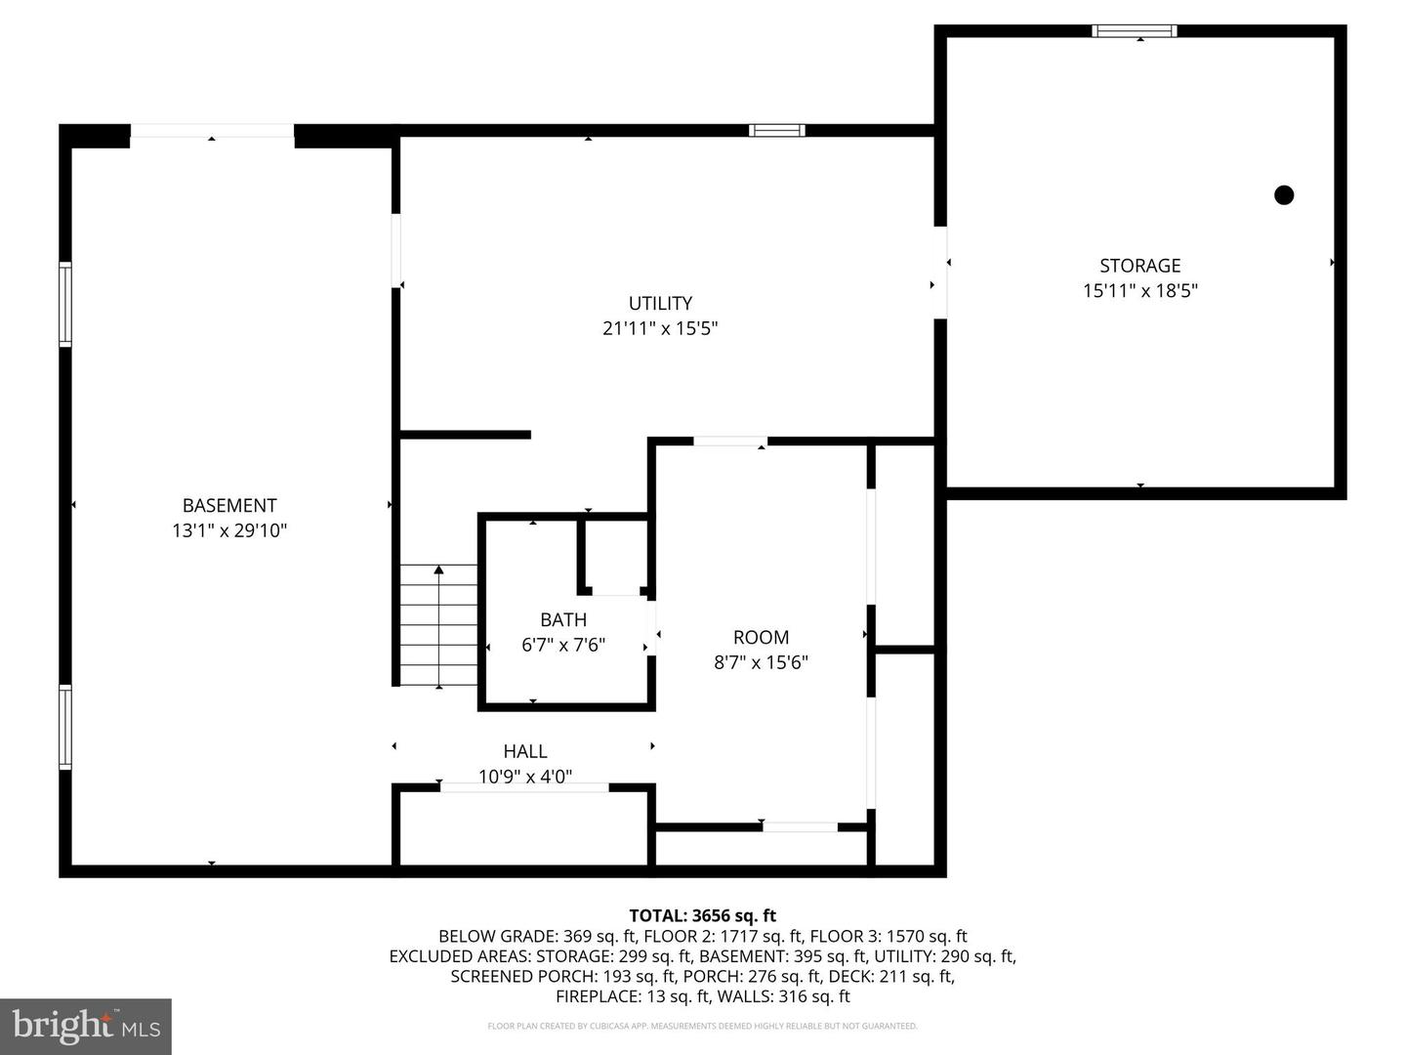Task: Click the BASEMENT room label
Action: [229, 505]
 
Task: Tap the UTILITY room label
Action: [660, 303]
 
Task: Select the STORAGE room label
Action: [1139, 266]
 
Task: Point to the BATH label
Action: [563, 619]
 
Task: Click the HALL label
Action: [525, 751]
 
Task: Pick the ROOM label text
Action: [761, 637]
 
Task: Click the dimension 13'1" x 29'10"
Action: [229, 530]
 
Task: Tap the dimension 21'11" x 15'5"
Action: [660, 328]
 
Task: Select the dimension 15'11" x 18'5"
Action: [1139, 290]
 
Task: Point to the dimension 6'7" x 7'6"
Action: [563, 645]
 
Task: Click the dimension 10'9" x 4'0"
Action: [525, 777]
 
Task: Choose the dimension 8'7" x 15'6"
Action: [761, 662]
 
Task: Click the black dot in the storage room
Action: [1284, 194]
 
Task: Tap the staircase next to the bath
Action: [438, 625]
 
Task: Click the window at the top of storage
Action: [1134, 31]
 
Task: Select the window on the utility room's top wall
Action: [777, 130]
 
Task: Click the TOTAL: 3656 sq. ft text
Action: [702, 915]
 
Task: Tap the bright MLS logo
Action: [86, 1026]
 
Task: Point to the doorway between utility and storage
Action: [941, 273]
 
